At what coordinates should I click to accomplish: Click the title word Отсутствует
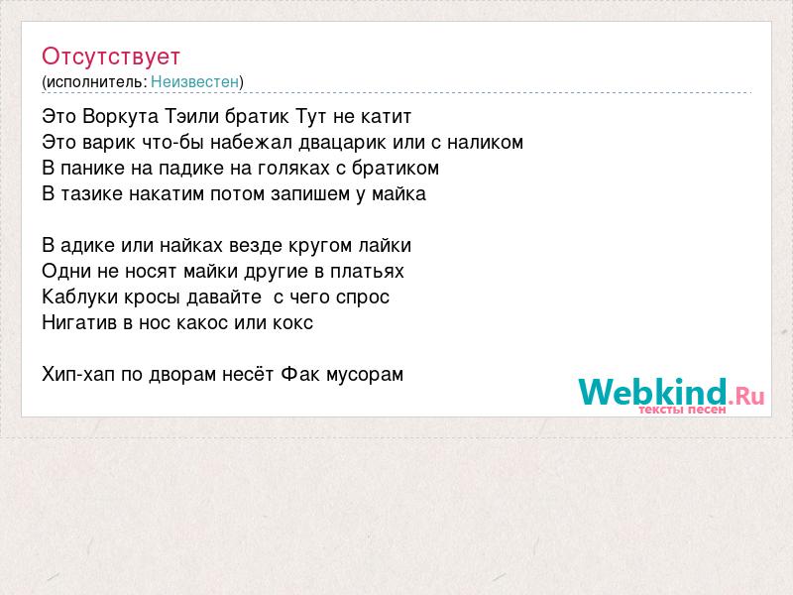111,57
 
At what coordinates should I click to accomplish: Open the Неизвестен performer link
194,81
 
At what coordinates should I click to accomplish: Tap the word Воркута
120,117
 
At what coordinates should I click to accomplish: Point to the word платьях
367,272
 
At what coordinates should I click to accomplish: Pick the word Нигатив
79,323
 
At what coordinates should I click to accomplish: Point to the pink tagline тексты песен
682,410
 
